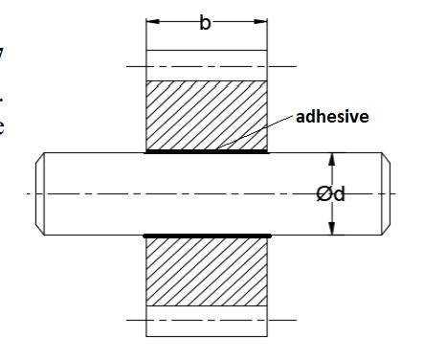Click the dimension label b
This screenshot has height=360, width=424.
(x=205, y=23)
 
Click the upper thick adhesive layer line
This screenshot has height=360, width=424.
(x=206, y=151)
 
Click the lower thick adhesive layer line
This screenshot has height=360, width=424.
(x=206, y=235)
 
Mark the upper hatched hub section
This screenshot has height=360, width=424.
(x=206, y=115)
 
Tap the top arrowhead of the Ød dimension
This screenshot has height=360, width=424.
(x=331, y=158)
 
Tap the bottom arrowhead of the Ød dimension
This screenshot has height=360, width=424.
(x=331, y=229)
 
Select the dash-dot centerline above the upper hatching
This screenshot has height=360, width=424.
(x=206, y=66)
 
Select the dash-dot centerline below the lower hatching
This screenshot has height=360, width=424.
(x=206, y=320)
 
